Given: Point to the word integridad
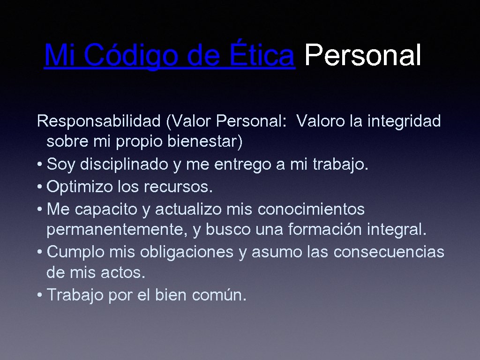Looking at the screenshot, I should click(x=404, y=121).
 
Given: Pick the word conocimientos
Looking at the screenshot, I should click(x=311, y=209).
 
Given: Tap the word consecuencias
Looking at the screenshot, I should click(x=389, y=252).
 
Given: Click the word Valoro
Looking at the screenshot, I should click(x=322, y=121).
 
